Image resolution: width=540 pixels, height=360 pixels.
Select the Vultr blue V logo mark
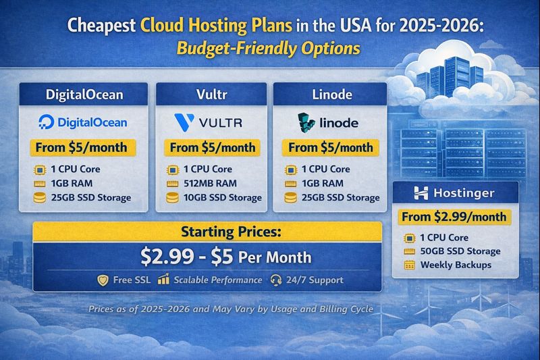pyautogui.click(x=183, y=122)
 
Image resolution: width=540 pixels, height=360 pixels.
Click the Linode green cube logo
pyautogui.click(x=306, y=122)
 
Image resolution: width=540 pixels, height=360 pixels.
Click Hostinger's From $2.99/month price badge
pyautogui.click(x=455, y=217)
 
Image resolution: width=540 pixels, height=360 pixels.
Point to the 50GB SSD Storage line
pyautogui.click(x=460, y=251)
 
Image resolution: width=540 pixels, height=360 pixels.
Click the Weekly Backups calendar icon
pyautogui.click(x=409, y=265)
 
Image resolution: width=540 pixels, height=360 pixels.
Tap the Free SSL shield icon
pyautogui.click(x=103, y=280)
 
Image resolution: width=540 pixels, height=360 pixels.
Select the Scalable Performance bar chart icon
pyautogui.click(x=163, y=280)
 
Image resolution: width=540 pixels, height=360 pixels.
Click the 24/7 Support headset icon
pyautogui.click(x=275, y=280)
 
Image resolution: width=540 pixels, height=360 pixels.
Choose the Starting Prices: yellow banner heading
pyautogui.click(x=207, y=232)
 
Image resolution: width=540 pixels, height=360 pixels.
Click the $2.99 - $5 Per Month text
pyautogui.click(x=225, y=257)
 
